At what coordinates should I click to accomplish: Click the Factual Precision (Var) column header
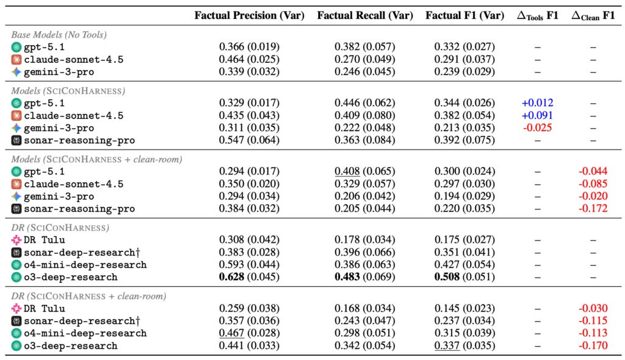(249, 15)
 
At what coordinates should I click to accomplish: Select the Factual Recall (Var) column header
(365, 15)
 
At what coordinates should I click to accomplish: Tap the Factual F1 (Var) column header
(464, 15)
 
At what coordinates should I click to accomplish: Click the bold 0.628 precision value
(231, 276)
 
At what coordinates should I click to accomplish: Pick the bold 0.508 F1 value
(447, 276)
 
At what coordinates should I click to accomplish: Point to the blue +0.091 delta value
(537, 115)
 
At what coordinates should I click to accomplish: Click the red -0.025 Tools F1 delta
(537, 128)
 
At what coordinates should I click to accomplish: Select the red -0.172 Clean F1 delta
(593, 208)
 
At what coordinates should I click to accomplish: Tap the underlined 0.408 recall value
(347, 171)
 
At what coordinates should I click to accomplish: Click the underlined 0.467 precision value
(231, 333)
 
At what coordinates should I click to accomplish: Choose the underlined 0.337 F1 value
(447, 345)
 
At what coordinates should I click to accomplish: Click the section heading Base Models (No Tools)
(59, 35)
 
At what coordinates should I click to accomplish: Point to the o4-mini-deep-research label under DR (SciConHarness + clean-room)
(85, 333)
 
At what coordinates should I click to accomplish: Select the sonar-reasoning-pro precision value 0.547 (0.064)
(249, 140)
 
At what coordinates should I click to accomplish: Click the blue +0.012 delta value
(537, 103)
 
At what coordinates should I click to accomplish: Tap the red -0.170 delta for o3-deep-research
(593, 345)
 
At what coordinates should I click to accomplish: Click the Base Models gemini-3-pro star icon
(16, 72)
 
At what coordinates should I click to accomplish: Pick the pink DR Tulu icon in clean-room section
(16, 308)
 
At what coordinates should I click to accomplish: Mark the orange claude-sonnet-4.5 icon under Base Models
(16, 59)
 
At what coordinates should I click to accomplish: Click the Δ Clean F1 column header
(593, 15)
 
